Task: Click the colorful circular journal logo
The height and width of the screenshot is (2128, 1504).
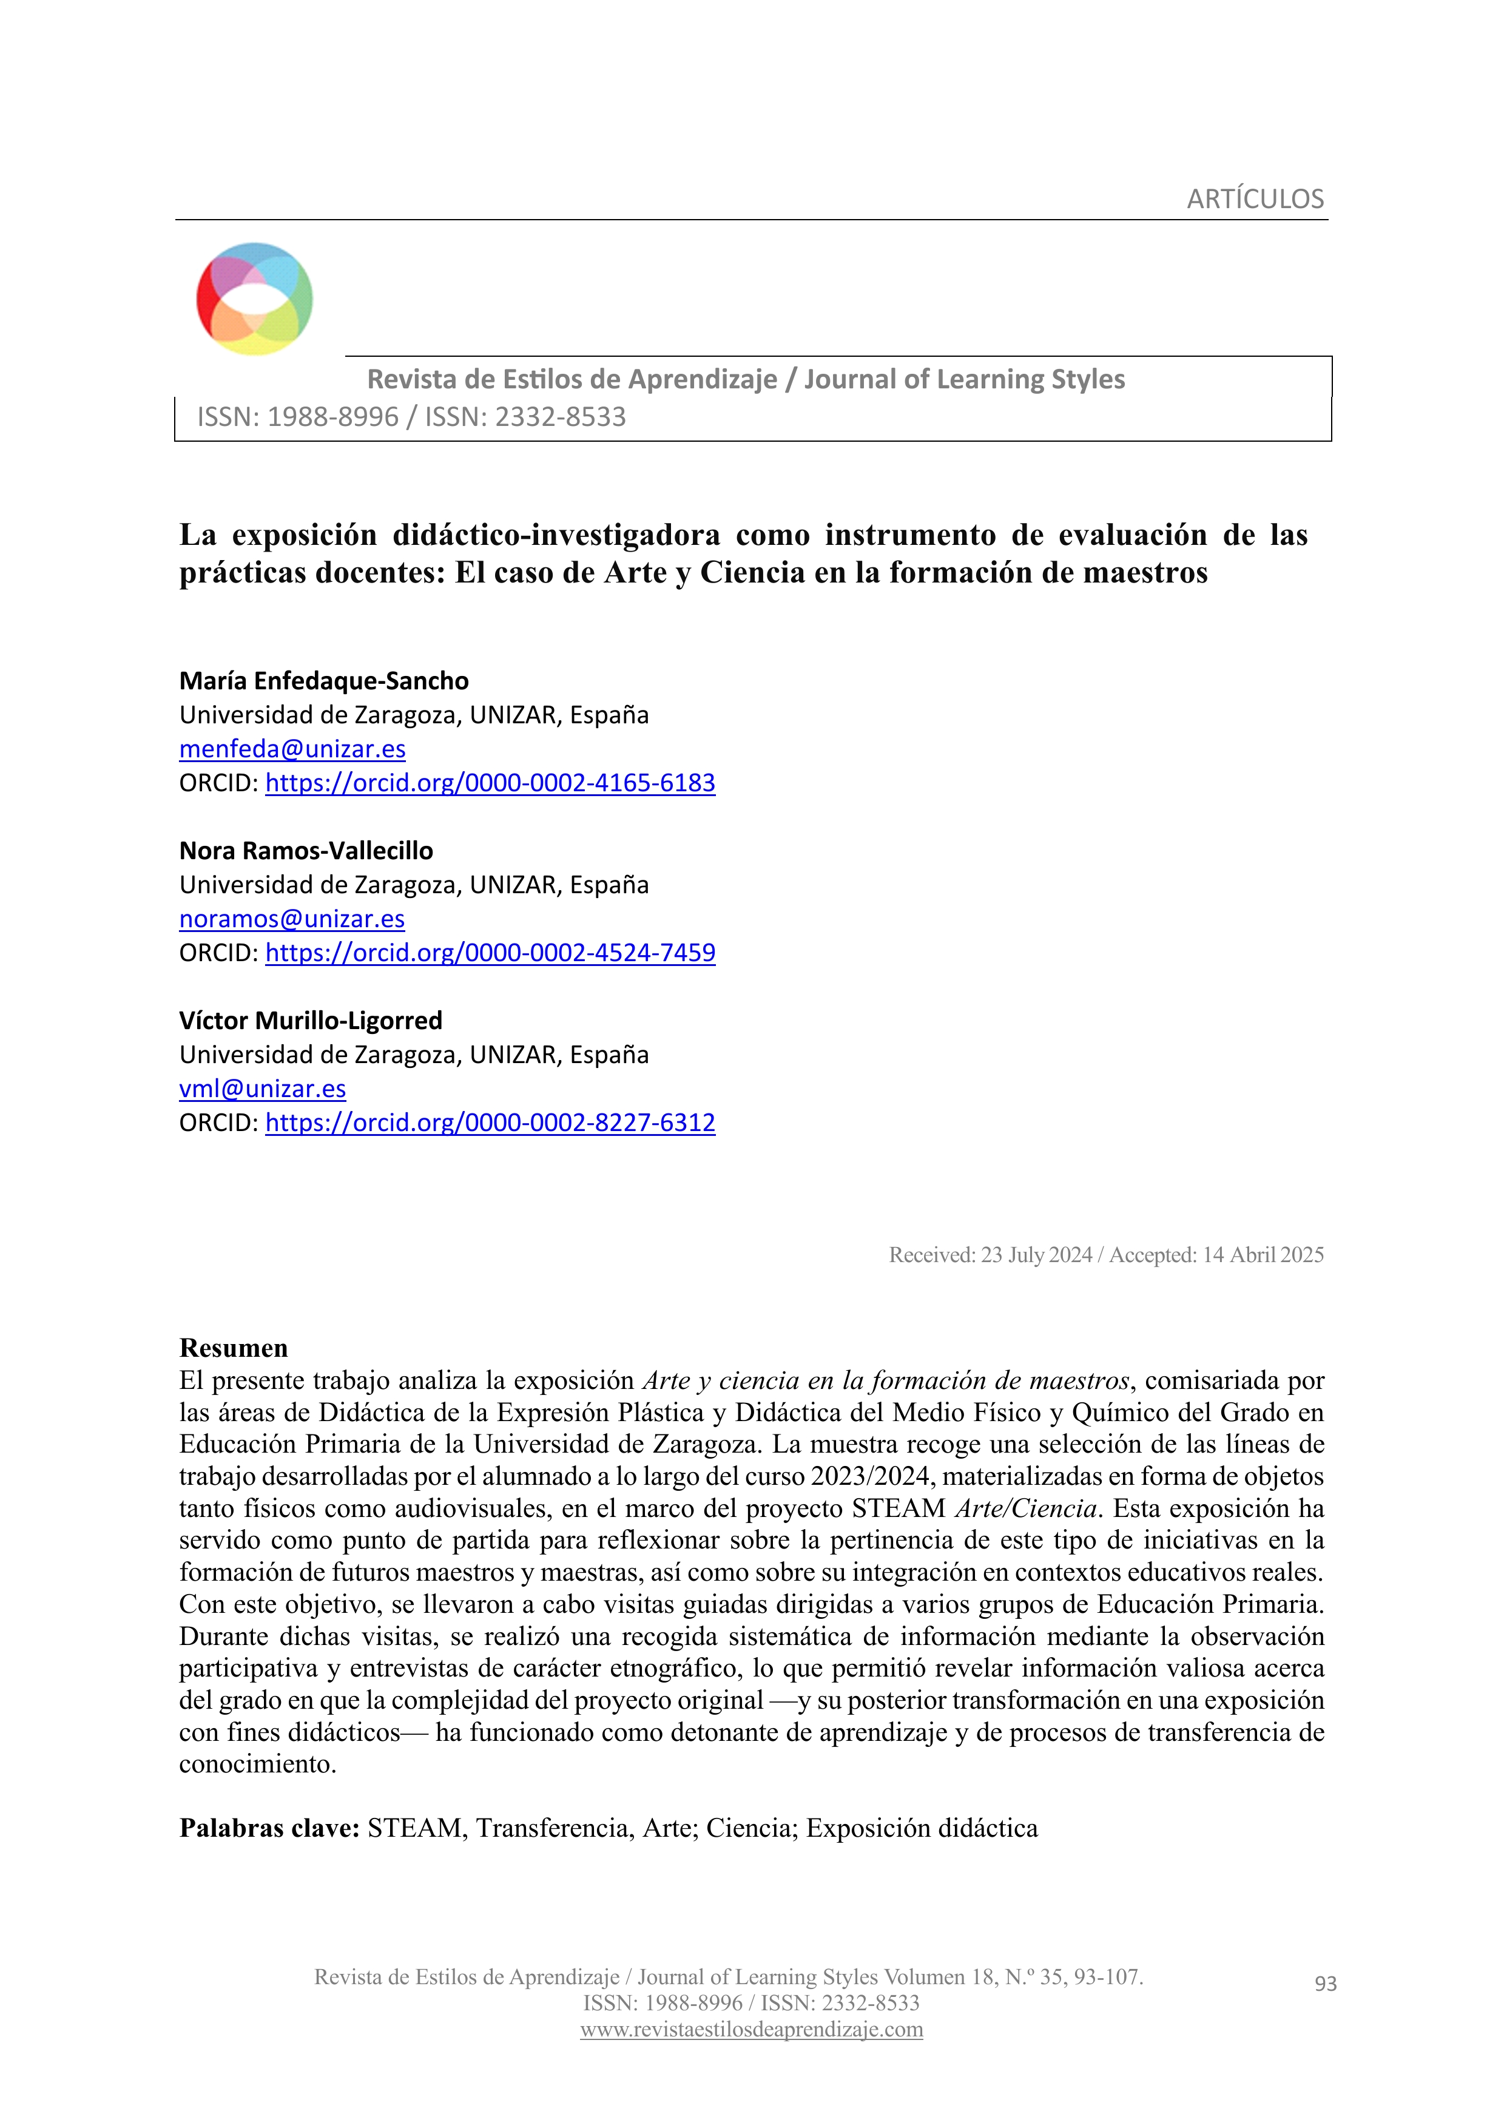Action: click(254, 299)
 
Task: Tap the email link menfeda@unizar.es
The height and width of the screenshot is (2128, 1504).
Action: click(292, 749)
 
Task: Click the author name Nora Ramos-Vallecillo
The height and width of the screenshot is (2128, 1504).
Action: click(306, 851)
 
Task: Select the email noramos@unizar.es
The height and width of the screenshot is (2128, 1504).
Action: click(292, 919)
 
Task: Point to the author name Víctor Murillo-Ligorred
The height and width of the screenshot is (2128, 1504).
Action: click(311, 1021)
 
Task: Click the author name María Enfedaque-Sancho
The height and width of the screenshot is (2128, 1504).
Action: click(323, 681)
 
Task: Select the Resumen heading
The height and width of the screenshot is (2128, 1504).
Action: click(234, 1348)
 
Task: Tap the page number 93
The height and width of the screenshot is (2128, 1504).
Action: click(1325, 1984)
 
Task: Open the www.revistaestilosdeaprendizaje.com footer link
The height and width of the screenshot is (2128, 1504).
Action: click(752, 2030)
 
